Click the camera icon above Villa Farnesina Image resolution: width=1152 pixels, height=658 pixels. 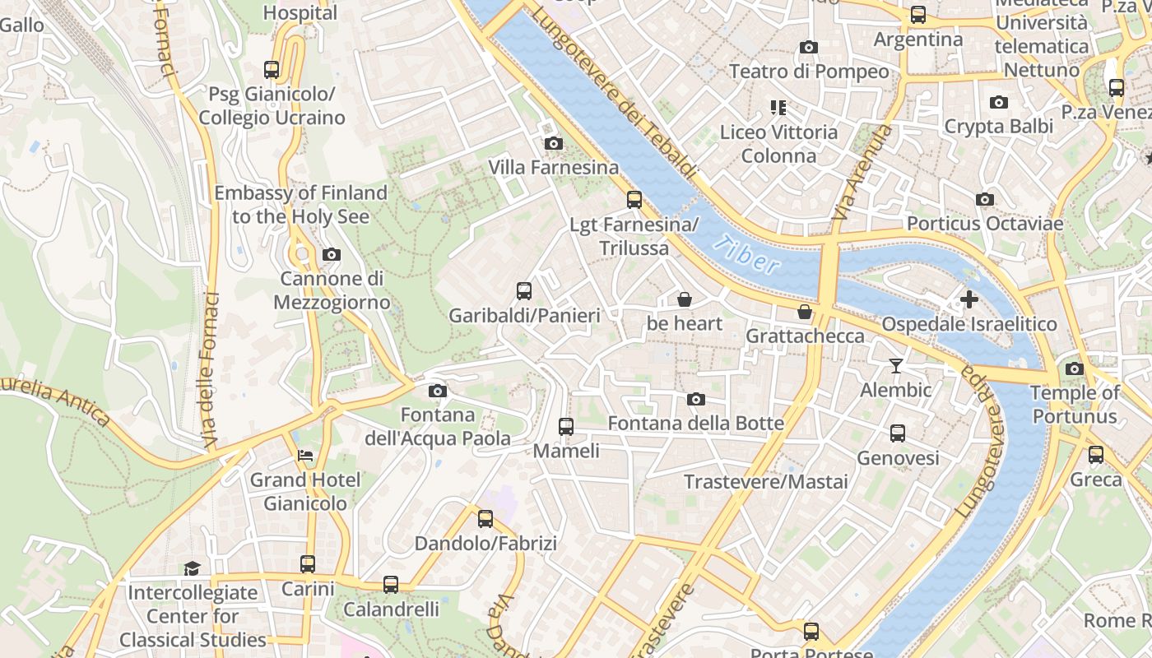coord(554,144)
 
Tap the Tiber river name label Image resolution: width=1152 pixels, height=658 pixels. coord(746,254)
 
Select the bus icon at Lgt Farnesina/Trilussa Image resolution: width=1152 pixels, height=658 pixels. coord(634,199)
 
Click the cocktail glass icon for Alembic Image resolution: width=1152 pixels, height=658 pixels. coord(895,366)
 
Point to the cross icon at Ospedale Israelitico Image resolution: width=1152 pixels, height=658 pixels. coord(969,299)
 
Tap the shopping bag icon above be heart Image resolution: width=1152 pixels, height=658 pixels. coord(684,299)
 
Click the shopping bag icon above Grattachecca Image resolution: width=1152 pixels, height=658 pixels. coord(804,312)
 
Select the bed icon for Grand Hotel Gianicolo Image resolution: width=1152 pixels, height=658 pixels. coord(305,455)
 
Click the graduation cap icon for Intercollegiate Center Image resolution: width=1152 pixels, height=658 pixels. coord(192,568)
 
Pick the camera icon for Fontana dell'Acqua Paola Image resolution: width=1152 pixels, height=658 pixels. coord(438,391)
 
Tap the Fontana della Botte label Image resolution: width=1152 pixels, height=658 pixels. coord(695,424)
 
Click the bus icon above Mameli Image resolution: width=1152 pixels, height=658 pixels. coord(565,426)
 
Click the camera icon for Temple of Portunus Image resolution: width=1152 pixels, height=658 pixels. coord(1074,368)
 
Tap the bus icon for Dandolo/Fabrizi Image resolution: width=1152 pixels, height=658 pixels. coord(485,519)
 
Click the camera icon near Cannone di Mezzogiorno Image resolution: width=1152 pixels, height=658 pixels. coord(331,255)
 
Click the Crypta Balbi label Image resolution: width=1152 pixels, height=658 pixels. coord(998,127)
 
